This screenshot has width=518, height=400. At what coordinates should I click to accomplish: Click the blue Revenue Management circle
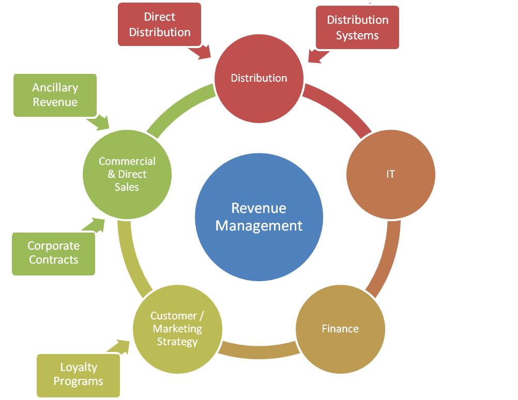pyautogui.click(x=259, y=217)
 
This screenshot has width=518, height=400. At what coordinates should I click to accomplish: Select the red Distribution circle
pyautogui.click(x=259, y=78)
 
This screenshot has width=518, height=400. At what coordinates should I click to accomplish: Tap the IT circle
pyautogui.click(x=391, y=174)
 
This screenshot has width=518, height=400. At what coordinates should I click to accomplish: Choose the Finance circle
pyautogui.click(x=340, y=329)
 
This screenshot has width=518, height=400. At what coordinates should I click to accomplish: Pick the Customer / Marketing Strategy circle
pyautogui.click(x=177, y=329)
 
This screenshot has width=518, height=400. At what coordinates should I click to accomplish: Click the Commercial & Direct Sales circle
pyautogui.click(x=127, y=174)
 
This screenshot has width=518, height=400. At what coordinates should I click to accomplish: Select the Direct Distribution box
pyautogui.click(x=160, y=24)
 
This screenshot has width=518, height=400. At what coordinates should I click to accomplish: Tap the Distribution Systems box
pyautogui.click(x=357, y=27)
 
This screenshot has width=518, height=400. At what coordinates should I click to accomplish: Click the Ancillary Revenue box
pyautogui.click(x=55, y=95)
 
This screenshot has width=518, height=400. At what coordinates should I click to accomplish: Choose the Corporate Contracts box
pyautogui.click(x=54, y=254)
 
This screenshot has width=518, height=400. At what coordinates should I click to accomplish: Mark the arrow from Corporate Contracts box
pyautogui.click(x=94, y=225)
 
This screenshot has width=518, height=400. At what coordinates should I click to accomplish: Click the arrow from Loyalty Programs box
pyautogui.click(x=118, y=347)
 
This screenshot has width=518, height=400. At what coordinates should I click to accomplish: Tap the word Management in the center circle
pyautogui.click(x=259, y=226)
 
